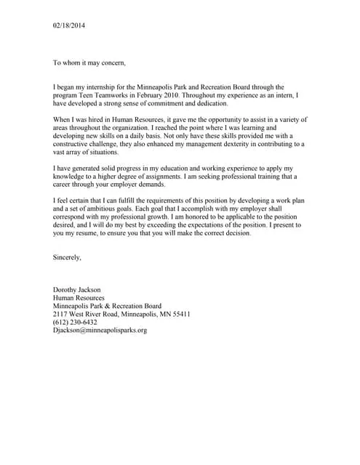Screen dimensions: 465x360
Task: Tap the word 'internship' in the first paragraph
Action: tap(120, 86)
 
